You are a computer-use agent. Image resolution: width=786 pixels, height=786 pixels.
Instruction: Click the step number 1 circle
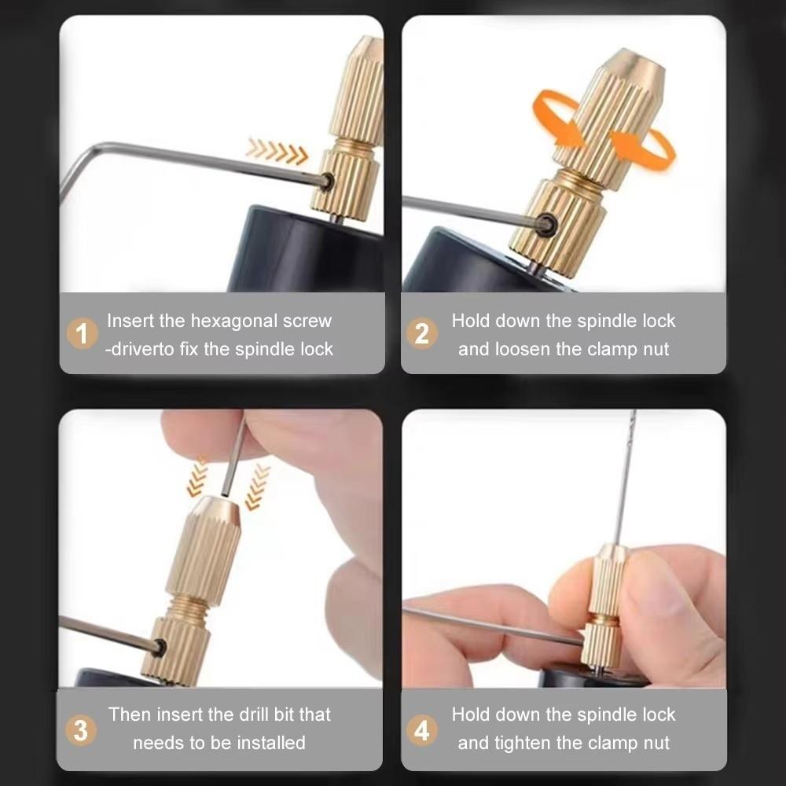click(82, 334)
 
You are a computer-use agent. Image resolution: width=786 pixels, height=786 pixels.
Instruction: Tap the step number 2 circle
click(422, 334)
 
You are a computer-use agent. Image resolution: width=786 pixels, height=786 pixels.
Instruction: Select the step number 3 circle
click(80, 729)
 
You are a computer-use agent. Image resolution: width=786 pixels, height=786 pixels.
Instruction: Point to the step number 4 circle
click(422, 730)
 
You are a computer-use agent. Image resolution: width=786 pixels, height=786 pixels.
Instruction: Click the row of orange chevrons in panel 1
click(276, 150)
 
